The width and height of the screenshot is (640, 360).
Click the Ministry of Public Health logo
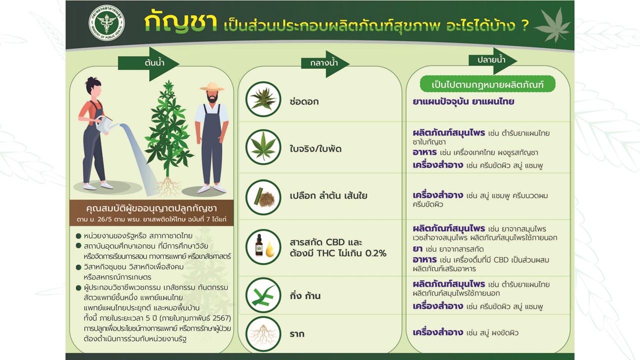pos(106,22)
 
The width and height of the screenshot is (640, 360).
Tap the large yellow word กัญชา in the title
pos(180,22)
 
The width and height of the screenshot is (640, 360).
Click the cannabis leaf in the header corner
pos(553,25)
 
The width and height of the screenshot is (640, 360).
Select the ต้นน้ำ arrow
pos(148,63)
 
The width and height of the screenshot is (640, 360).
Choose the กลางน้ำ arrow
pos(325,63)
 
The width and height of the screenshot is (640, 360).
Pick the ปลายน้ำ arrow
pos(492,60)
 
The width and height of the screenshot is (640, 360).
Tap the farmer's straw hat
pos(212,87)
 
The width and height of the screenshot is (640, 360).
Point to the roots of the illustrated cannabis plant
pos(168,186)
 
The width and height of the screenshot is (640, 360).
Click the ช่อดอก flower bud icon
pos(263,99)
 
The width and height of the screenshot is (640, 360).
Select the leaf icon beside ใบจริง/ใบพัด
pos(263,147)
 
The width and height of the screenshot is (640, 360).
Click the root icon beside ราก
pos(263,334)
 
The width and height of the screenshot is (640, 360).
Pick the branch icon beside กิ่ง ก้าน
pos(263,295)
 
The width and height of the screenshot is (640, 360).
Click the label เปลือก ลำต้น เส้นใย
pos(328,195)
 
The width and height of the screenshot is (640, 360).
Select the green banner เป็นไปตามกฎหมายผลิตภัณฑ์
pos(487,84)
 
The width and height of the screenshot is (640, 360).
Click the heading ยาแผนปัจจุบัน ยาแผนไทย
pos(463,101)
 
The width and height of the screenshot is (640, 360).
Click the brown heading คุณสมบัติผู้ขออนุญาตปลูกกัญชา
pos(151,208)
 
